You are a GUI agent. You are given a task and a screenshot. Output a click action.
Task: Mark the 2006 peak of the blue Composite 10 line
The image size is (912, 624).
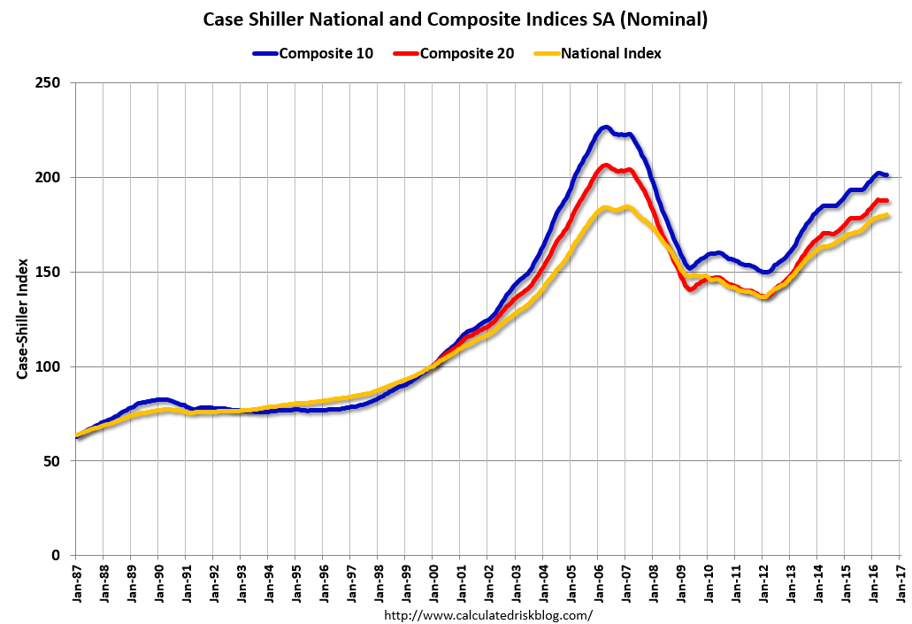coord(605,127)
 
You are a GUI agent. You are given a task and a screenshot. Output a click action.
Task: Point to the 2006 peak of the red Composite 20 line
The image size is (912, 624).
coord(605,165)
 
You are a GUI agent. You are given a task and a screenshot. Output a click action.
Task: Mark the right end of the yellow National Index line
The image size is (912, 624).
coord(887,215)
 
